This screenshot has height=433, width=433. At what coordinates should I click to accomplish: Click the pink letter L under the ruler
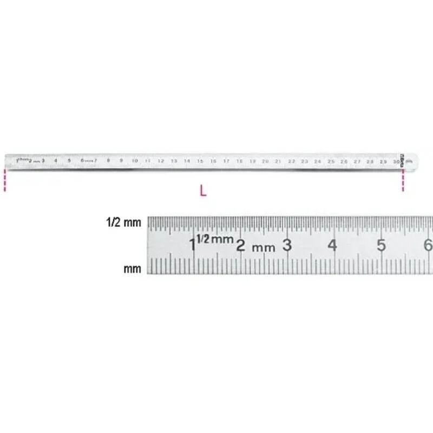coord(203,191)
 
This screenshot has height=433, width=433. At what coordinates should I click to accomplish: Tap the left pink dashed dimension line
coord(5,180)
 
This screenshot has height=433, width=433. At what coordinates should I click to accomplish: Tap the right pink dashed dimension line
coord(403,180)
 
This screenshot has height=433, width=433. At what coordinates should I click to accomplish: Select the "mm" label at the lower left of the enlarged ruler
coord(133,268)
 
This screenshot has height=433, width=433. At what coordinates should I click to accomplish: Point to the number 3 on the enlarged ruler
coord(287,245)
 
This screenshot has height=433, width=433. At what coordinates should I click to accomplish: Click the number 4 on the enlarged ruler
coord(332,246)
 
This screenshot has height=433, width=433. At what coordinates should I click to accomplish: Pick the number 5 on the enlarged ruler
coord(381,246)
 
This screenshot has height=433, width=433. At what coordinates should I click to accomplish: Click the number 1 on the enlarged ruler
coord(193,245)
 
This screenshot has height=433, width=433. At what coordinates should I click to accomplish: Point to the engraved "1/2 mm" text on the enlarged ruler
coord(215,239)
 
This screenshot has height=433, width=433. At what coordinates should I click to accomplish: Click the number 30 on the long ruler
coord(397,161)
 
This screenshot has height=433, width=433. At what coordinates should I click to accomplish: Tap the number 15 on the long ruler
coord(200,161)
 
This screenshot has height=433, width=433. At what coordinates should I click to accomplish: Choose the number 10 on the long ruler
coord(134,161)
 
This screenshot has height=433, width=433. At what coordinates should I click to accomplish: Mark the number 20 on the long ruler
coord(265,161)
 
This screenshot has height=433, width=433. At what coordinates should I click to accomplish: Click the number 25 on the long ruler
coord(331,161)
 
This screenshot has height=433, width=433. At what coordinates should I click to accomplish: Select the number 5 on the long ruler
coord(69,161)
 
